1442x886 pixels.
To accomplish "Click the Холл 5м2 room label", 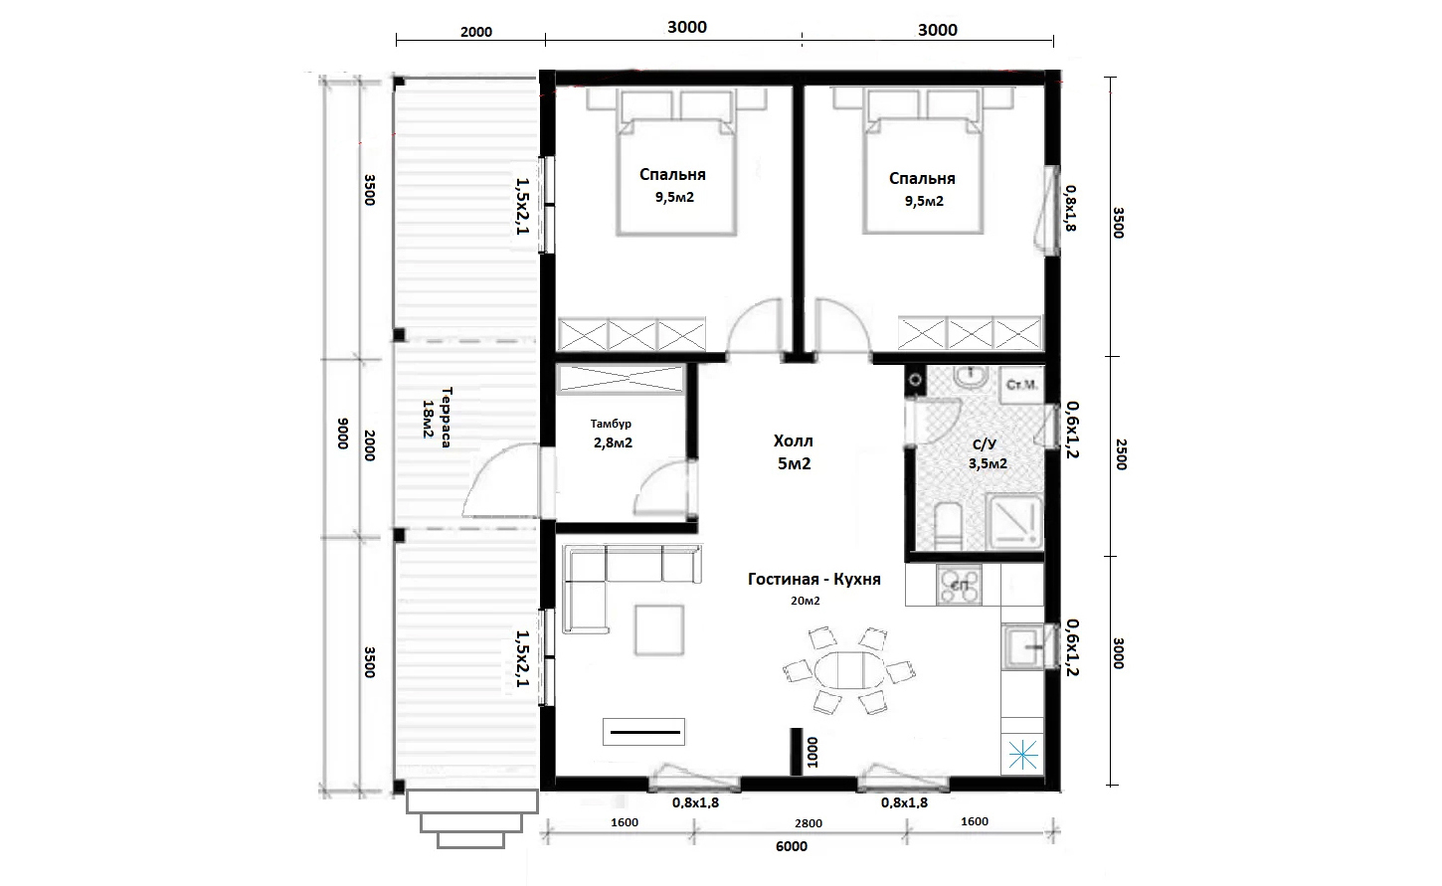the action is (x=794, y=452).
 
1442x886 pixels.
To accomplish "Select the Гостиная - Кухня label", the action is (x=813, y=579).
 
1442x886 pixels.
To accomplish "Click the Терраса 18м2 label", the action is (x=436, y=418).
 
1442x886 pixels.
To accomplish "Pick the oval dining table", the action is (x=849, y=670).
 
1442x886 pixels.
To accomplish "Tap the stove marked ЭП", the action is (x=960, y=585).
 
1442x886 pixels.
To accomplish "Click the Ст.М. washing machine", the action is (x=1021, y=385).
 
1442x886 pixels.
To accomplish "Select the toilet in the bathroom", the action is (x=948, y=526).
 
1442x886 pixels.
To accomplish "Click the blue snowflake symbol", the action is (x=1022, y=755).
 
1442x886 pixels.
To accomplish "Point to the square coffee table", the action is (x=659, y=630).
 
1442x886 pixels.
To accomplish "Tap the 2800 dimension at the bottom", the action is (x=808, y=823).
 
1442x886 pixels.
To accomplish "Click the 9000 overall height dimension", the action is (x=343, y=434).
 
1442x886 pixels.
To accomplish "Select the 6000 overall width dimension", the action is (x=792, y=846).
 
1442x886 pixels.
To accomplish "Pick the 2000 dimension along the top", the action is (x=476, y=32).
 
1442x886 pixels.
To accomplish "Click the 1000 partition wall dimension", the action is (x=812, y=752).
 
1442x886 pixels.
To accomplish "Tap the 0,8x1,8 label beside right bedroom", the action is (x=1070, y=208).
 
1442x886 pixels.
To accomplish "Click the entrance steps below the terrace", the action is (x=471, y=819).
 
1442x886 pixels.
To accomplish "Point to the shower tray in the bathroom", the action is (x=1014, y=521).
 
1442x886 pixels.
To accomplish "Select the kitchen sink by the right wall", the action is (x=1023, y=646).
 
